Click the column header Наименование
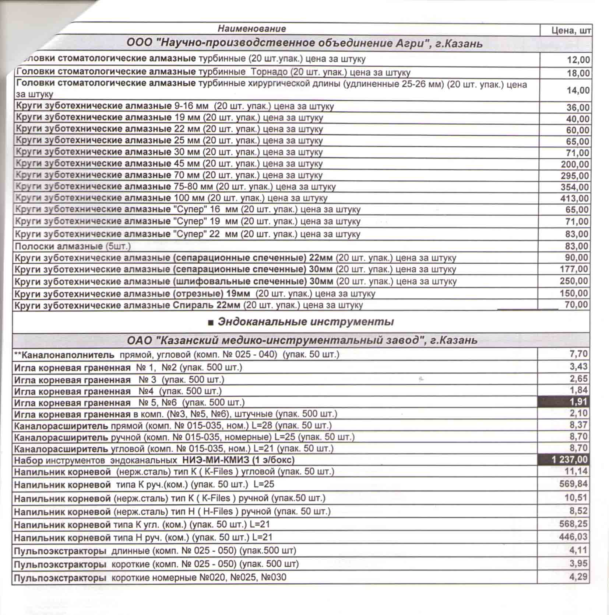pos(251,29)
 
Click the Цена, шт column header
pos(571,30)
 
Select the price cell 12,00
pos(578,60)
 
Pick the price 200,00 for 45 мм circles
pos(575,164)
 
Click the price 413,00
pos(575,199)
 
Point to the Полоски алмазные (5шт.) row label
pos(73,246)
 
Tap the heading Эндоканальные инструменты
pos(306,322)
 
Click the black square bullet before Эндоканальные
pos(211,323)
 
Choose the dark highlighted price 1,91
pos(578,402)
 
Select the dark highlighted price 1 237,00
pos(569,459)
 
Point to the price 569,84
pos(573,483)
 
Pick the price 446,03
pos(573,537)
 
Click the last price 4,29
pos(578,577)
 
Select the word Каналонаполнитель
pos(68,355)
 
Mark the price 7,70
pos(578,354)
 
